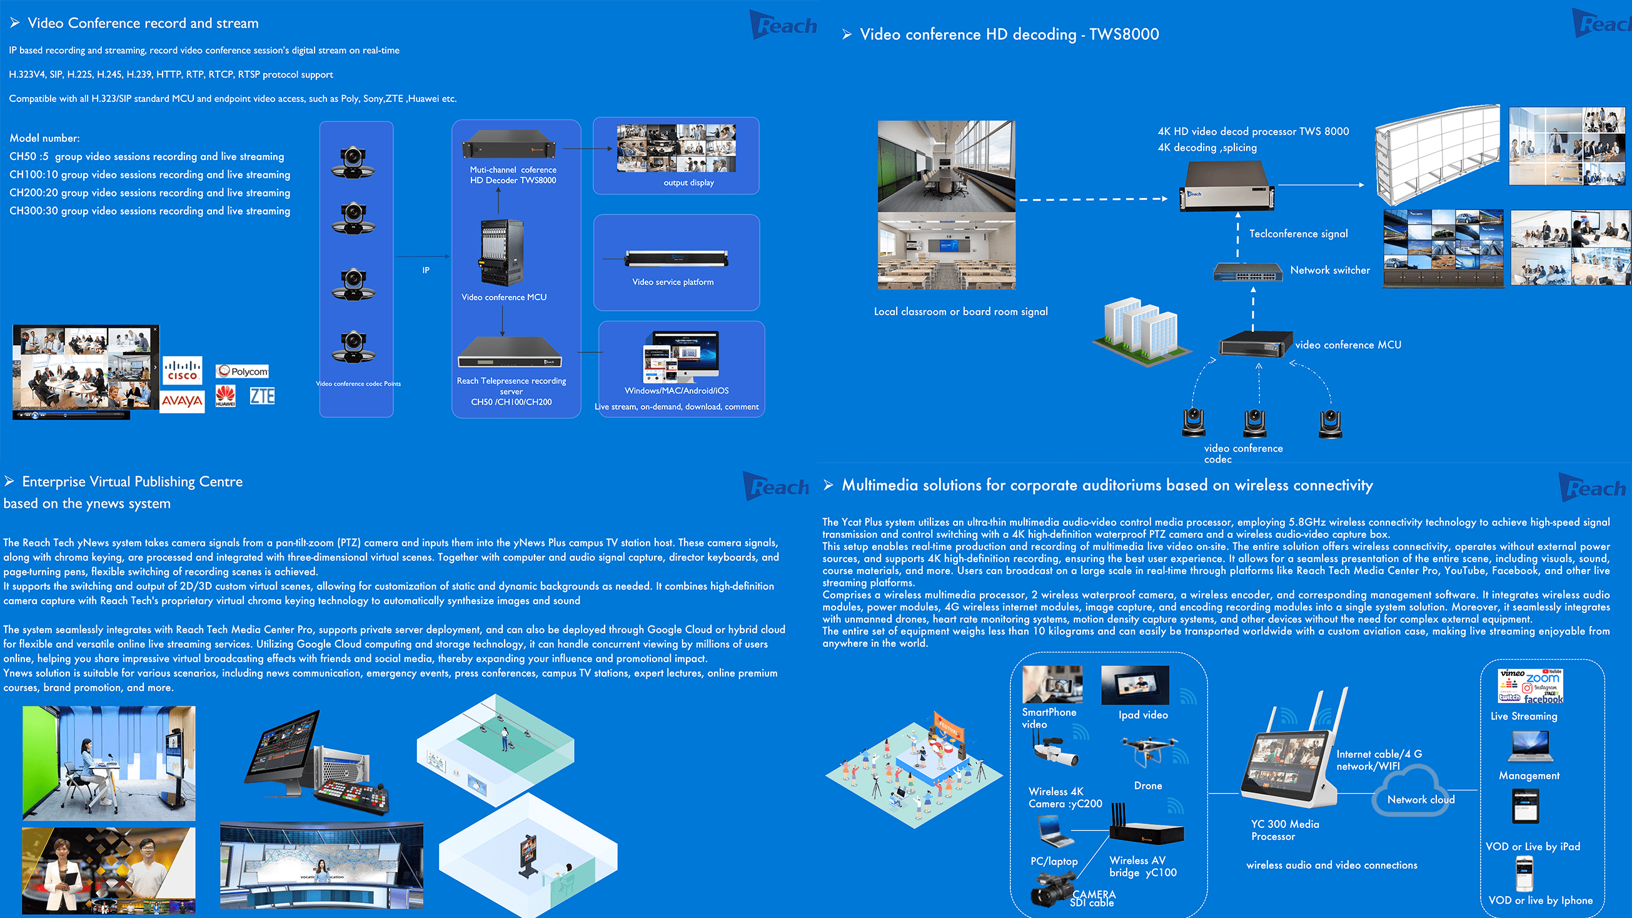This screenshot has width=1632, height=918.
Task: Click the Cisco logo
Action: [x=183, y=370]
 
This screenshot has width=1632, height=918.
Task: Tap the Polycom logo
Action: [x=242, y=371]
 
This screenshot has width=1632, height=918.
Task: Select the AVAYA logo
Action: [x=182, y=401]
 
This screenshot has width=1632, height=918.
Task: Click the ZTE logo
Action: [x=261, y=396]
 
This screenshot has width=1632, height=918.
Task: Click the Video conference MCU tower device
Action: [x=501, y=253]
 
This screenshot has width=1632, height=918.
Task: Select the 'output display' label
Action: [x=688, y=183]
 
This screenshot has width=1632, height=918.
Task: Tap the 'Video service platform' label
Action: [x=673, y=282]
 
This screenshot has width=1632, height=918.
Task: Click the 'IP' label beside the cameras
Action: [x=426, y=271]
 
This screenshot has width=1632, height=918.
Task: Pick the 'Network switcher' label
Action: [x=1330, y=271]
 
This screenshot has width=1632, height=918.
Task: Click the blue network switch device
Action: [x=1247, y=273]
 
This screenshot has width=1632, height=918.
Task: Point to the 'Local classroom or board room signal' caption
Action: [x=960, y=311]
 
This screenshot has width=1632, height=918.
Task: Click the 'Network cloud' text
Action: [x=1421, y=800]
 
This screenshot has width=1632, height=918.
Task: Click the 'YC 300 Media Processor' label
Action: [x=1285, y=830]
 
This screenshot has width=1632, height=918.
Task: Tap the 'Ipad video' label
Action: [x=1143, y=715]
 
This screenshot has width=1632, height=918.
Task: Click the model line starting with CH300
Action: [x=149, y=211]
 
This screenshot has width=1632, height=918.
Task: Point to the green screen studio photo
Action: [x=109, y=763]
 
